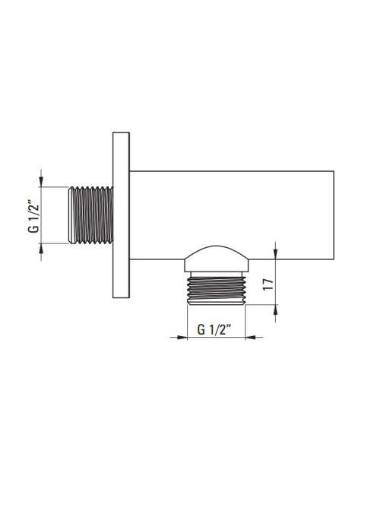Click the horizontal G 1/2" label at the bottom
point(214,329)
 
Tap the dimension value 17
point(268,284)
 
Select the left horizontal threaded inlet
point(90,215)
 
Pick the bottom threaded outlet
point(217,288)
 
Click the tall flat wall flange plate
point(121,214)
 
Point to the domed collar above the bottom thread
point(217,259)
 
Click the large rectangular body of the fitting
point(232,215)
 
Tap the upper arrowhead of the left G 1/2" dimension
point(41,182)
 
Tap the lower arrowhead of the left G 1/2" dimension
point(41,248)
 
